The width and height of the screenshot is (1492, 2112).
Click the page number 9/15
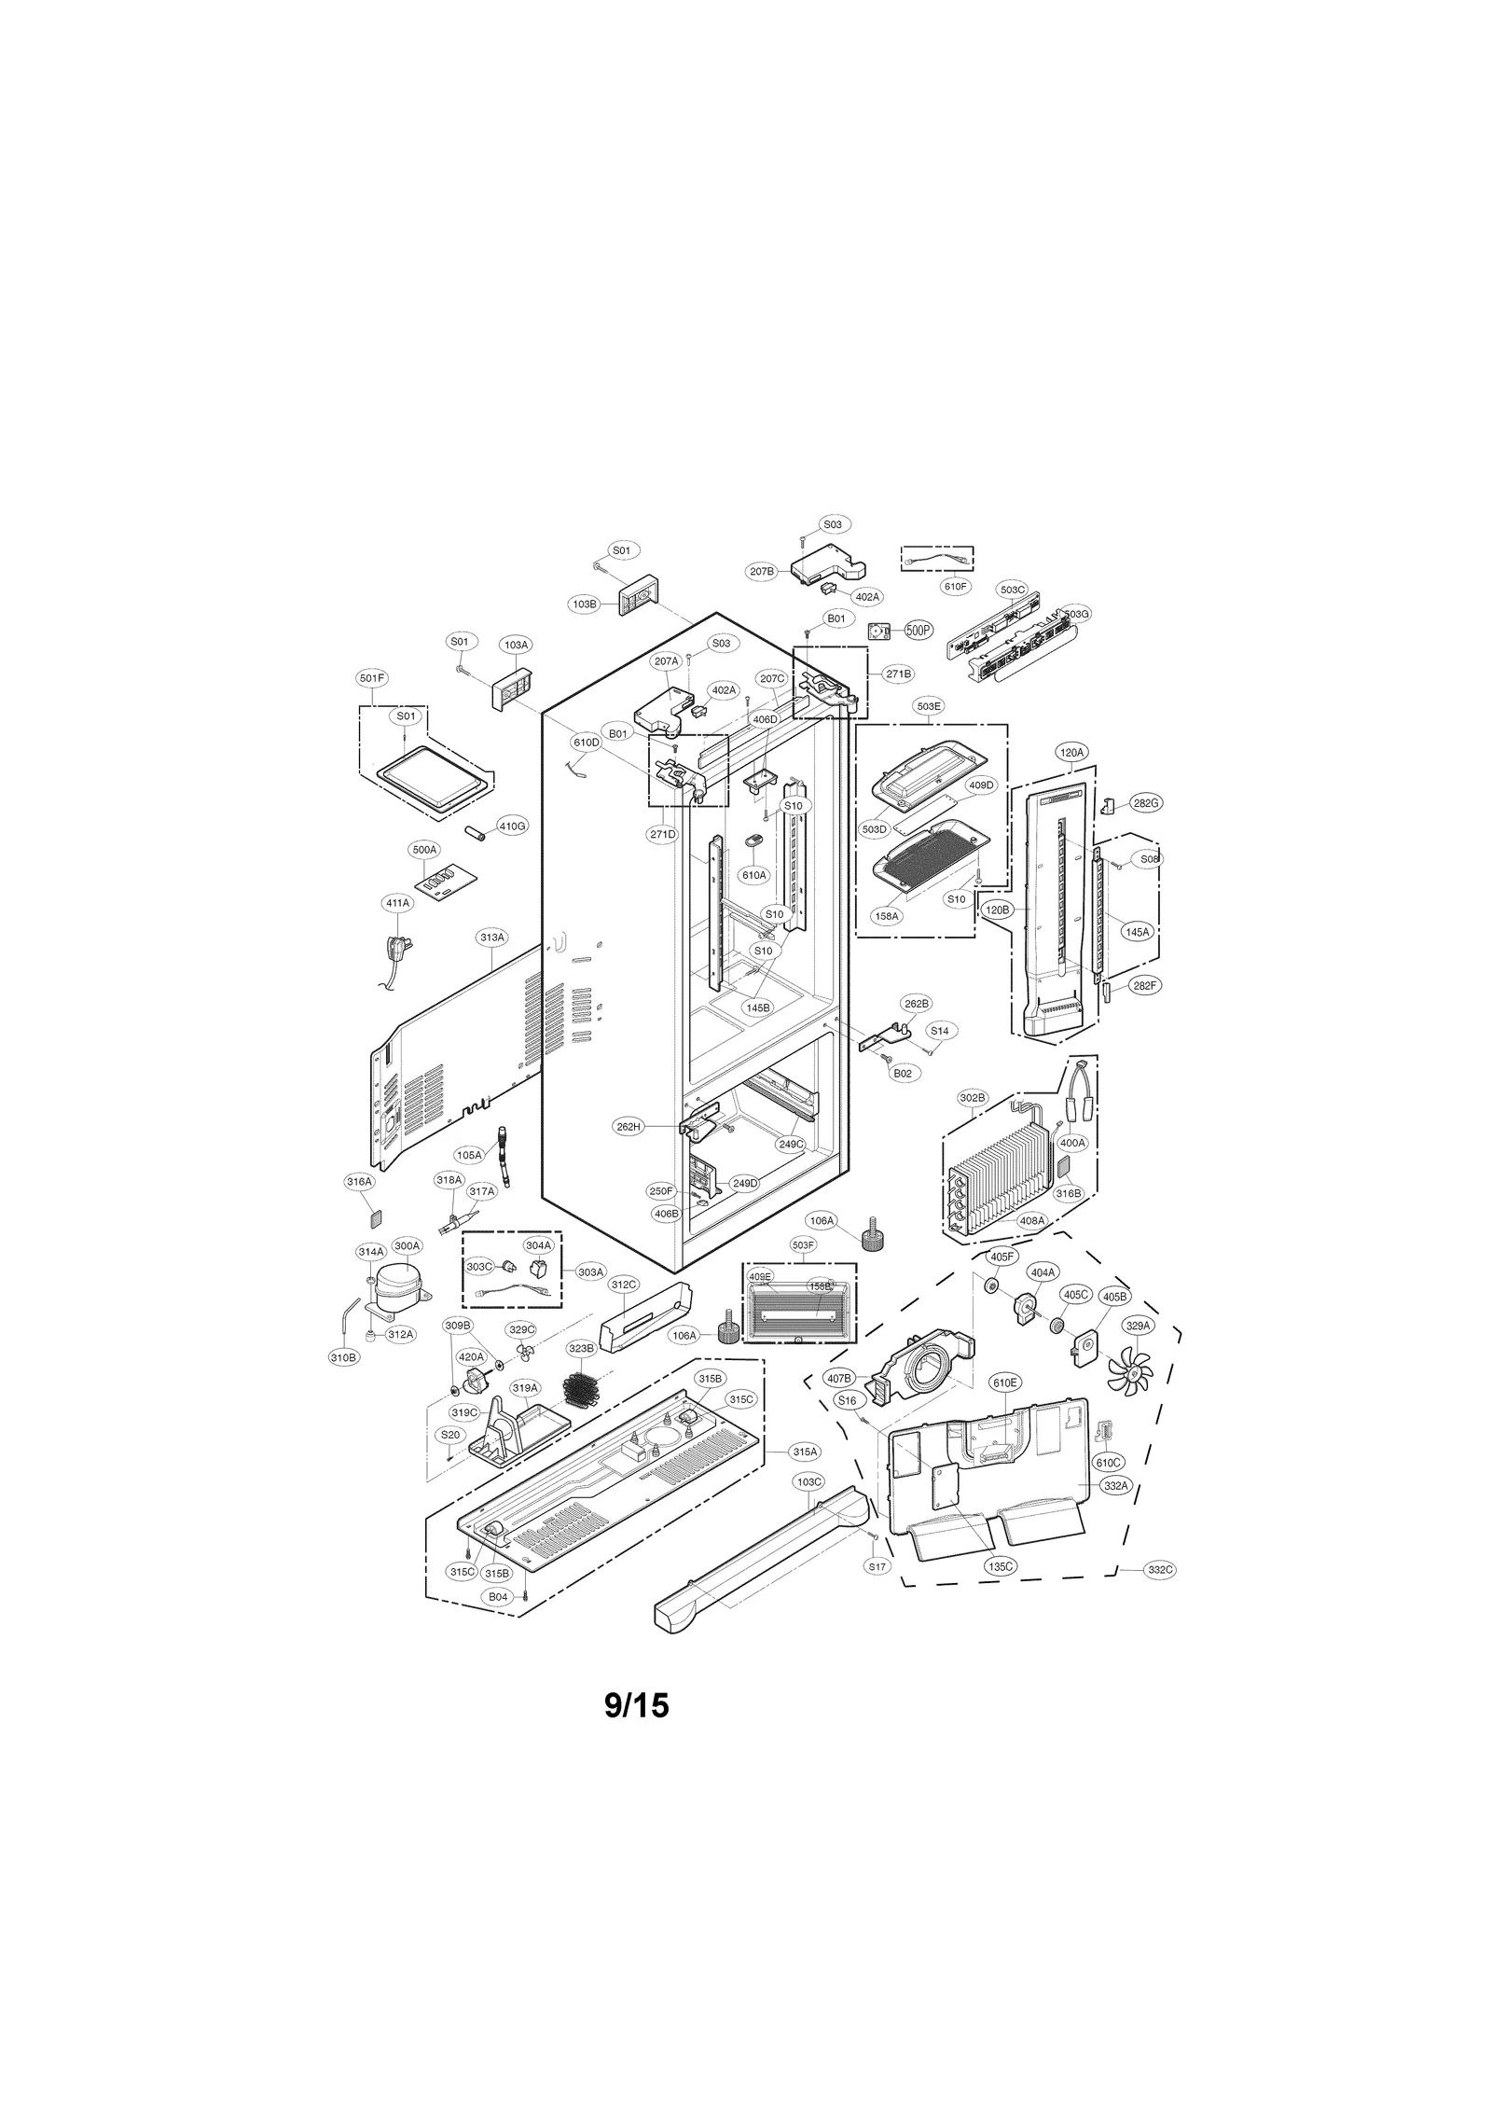point(637,1705)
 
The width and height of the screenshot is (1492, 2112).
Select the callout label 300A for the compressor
point(408,1245)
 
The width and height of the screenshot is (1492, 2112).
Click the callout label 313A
point(492,937)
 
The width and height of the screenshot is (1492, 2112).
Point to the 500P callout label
point(919,631)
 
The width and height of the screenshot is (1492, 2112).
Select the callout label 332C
point(1160,1570)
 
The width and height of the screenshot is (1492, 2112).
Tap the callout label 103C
point(809,1481)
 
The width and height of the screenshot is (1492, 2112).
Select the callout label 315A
point(806,1478)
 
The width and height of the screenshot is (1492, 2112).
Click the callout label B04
point(499,1597)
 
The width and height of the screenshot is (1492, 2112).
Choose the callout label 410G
point(512,827)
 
